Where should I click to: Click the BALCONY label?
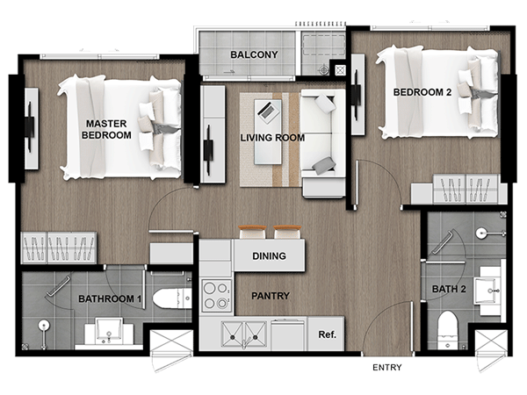254,54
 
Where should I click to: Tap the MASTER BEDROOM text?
106,129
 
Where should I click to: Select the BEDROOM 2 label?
422,92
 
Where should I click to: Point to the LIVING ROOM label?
272,138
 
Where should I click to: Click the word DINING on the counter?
270,256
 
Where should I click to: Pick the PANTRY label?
271,296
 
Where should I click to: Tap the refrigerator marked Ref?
326,334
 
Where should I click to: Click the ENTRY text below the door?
387,368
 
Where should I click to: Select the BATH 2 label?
449,289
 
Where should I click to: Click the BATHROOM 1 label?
110,298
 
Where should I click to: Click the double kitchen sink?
244,334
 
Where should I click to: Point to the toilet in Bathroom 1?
172,298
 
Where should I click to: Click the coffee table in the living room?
268,132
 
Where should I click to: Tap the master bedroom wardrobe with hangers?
59,248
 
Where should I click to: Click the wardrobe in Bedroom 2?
466,189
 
